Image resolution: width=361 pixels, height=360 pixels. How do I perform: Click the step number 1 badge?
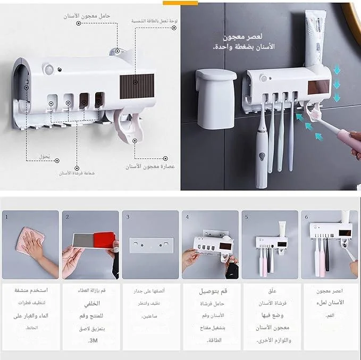[6, 217]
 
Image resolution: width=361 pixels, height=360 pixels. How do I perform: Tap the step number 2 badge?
[67, 217]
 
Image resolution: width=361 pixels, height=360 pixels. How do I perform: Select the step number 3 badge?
[128, 217]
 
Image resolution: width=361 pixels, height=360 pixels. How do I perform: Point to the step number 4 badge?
[187, 217]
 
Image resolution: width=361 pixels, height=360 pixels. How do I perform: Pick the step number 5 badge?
[246, 217]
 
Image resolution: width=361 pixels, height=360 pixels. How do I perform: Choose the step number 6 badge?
[306, 217]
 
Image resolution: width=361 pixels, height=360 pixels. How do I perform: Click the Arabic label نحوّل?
[45, 157]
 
